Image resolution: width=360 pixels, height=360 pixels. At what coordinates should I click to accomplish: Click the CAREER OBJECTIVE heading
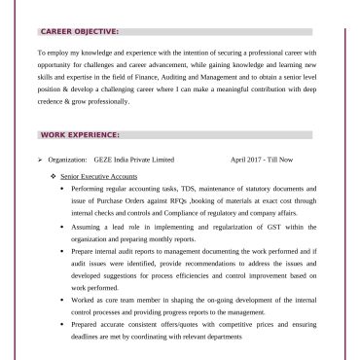80,32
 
